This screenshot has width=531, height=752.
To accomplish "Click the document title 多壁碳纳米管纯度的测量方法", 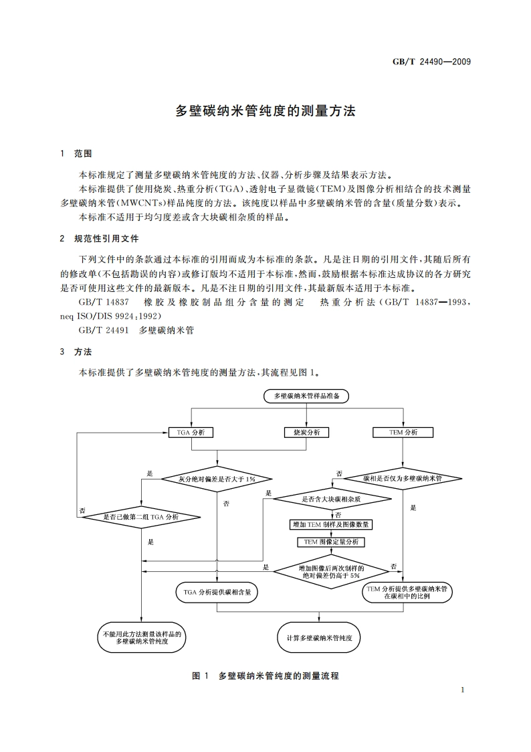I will pos(265,111).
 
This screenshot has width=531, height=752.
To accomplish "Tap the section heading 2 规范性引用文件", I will pos(100,238).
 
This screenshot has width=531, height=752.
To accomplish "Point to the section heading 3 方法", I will pos(76,352).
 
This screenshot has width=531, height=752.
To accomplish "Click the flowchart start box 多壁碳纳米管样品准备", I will pos(306,396).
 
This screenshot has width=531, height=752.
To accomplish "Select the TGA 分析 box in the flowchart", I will pos(191,433).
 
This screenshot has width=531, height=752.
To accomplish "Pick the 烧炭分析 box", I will pos(306,433).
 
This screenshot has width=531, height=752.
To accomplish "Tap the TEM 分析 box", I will pos(403,433).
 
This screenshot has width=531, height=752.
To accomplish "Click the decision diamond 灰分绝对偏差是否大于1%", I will pos(217,479).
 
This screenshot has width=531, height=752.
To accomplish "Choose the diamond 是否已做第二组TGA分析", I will pos(141,516).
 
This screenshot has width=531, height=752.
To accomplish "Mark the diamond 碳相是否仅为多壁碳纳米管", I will pos(403,479).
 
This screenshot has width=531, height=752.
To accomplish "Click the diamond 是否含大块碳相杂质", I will pos(332,499).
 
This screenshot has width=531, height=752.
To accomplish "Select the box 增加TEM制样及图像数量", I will pos(332,524).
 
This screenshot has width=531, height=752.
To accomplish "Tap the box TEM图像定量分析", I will pos(332,542).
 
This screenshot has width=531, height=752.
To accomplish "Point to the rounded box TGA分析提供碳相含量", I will pos(217,592).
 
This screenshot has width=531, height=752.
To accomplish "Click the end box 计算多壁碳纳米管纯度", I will pos(319,638).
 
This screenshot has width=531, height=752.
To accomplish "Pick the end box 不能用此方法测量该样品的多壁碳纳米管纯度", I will pos(141,637).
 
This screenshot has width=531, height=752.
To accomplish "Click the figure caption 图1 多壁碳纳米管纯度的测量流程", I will pos(265,676).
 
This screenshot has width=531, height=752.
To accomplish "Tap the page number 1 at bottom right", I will pos(463,690).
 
